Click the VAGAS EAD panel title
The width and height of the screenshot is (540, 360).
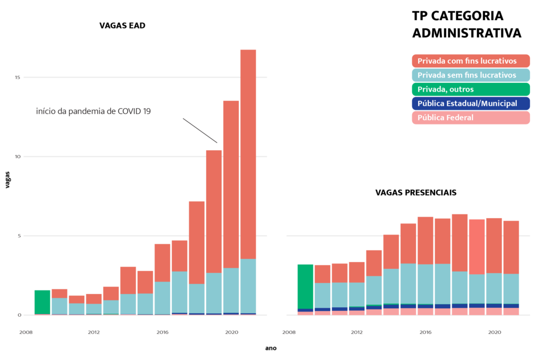122,25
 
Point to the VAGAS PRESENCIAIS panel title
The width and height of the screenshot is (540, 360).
416,193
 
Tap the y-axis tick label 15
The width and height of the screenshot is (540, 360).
17,77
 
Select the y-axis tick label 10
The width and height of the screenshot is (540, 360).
17,157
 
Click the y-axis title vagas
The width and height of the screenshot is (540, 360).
8,180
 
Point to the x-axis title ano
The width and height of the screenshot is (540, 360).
271,348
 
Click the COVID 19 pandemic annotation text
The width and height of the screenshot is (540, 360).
94,111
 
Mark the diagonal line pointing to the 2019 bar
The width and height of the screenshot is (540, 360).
200,131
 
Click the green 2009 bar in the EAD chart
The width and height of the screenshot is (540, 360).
42,301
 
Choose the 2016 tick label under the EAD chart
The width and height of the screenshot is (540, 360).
162,333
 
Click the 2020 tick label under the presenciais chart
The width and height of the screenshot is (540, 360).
494,333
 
